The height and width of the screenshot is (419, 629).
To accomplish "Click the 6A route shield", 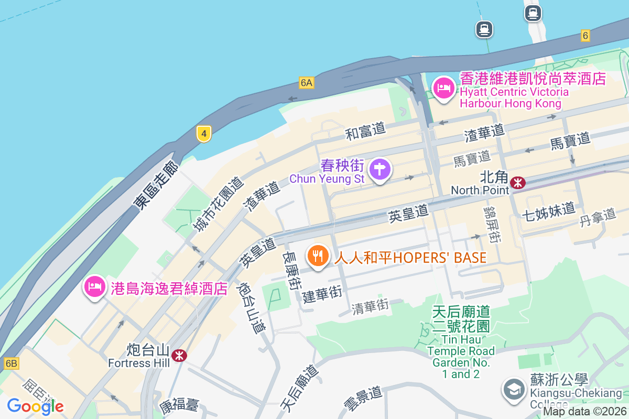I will click(307, 83).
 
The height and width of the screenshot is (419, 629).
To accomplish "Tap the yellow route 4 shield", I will click(204, 134).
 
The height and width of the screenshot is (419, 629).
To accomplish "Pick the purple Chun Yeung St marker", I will click(380, 170).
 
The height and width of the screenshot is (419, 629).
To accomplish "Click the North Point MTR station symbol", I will click(518, 182).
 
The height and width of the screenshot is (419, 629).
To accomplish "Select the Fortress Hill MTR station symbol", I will click(179, 356).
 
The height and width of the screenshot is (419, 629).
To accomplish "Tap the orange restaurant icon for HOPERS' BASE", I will click(317, 257).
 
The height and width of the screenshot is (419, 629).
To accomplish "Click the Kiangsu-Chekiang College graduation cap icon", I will click(513, 390).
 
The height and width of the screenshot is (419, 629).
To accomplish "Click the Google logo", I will click(35, 406).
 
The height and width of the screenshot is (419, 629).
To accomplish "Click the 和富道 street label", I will click(365, 130).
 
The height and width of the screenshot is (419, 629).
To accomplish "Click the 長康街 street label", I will click(292, 272).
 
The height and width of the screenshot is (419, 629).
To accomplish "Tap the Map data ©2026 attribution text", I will click(584, 412).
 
